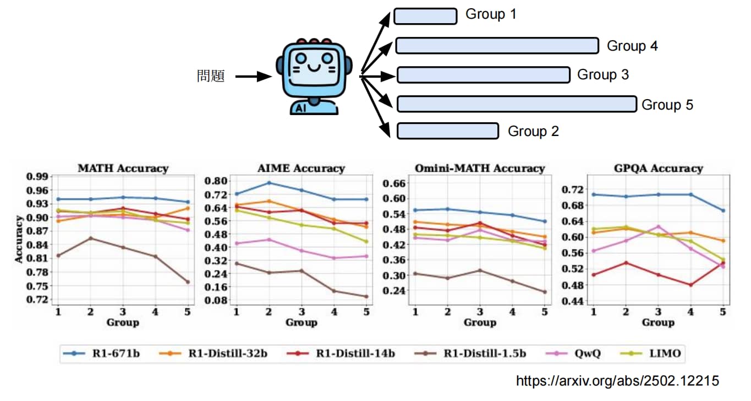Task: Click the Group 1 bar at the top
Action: (425, 16)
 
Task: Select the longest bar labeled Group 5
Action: (517, 104)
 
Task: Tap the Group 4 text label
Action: (632, 46)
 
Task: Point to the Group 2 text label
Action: (533, 131)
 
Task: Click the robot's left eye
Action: (301, 58)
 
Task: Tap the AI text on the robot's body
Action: (301, 108)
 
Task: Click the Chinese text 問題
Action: (211, 76)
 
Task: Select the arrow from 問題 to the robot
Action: (254, 77)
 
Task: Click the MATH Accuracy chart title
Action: (123, 168)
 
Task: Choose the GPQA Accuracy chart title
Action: (659, 168)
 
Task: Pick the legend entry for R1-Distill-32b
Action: (213, 353)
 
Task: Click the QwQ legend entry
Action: (573, 353)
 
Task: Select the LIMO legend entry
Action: (651, 353)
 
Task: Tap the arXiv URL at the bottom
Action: (617, 381)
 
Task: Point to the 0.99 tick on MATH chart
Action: (37, 176)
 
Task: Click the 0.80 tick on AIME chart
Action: (216, 181)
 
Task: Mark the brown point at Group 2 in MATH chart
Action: (91, 239)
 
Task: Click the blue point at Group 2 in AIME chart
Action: (269, 183)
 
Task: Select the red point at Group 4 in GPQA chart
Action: (690, 285)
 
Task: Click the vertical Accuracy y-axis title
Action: (19, 239)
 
